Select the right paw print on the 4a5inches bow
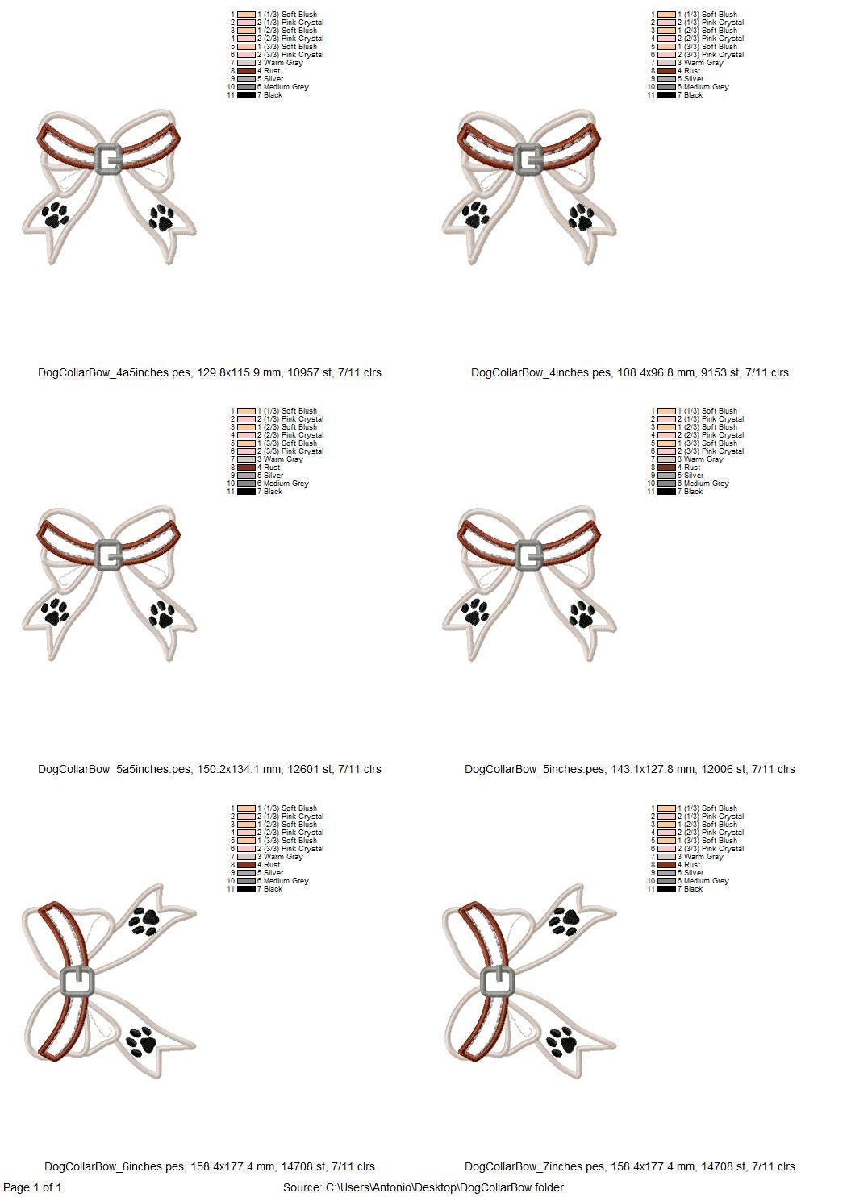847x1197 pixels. tap(161, 218)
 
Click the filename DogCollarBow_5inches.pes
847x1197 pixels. tap(537, 769)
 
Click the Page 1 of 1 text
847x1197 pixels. tap(32, 1187)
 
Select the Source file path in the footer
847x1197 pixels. tap(423, 1187)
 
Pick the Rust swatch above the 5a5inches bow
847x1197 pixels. tap(246, 467)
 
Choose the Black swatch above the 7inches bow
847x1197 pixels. tap(666, 888)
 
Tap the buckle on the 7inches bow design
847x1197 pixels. tap(497, 982)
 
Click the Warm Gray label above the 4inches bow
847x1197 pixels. tap(703, 63)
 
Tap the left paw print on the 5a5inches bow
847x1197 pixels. tap(56, 611)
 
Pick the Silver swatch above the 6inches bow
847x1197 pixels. tap(246, 873)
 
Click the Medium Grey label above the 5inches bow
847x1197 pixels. tap(707, 483)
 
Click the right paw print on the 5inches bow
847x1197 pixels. tap(582, 614)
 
